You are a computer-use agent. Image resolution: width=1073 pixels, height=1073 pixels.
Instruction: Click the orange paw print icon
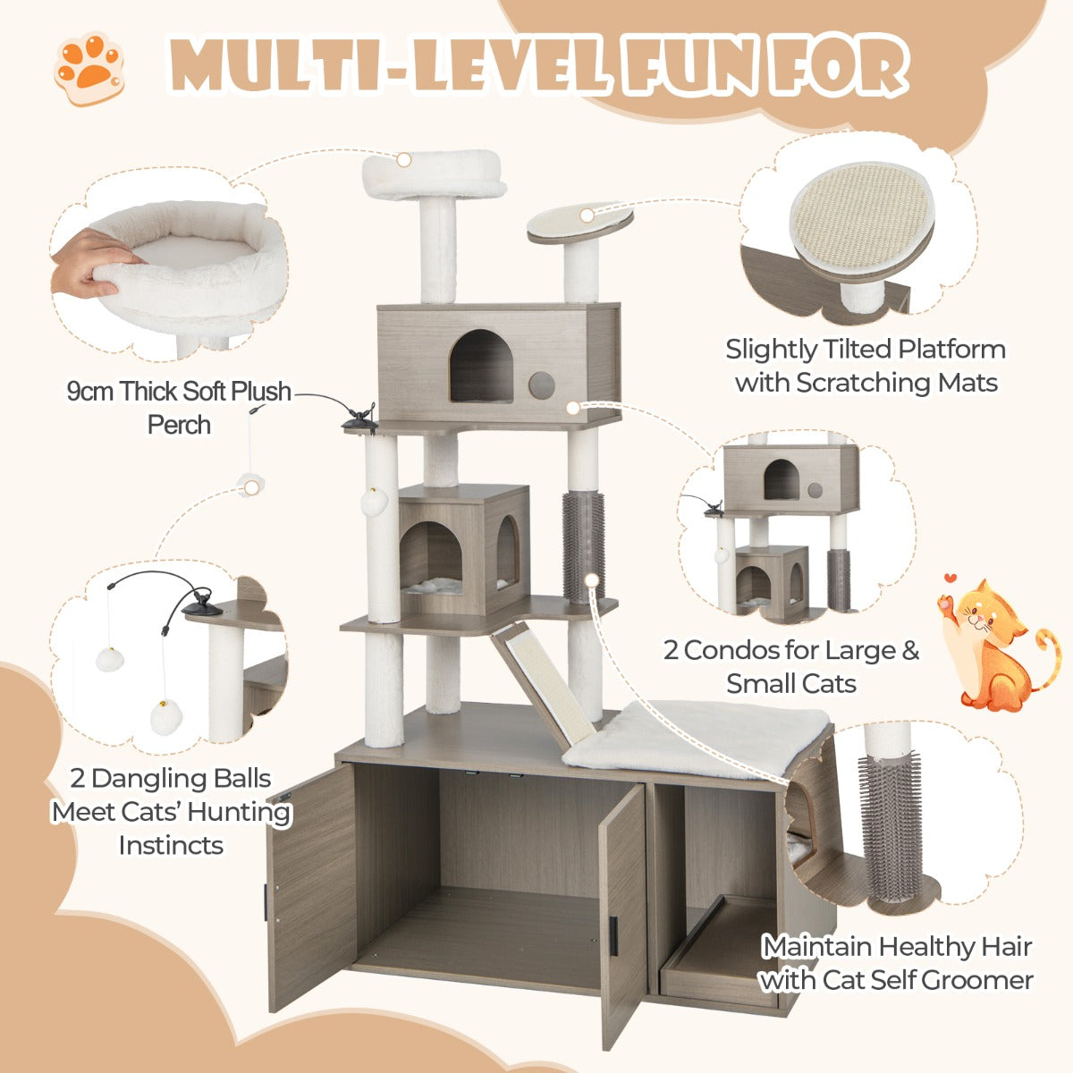[89, 69]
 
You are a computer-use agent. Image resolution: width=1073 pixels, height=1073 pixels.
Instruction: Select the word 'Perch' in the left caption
[179, 425]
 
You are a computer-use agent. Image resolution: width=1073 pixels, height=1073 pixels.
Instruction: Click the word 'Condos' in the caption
[747, 650]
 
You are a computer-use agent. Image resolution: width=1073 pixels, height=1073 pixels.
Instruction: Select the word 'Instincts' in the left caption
[171, 844]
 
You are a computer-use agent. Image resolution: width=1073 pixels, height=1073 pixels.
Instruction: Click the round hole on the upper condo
[540, 385]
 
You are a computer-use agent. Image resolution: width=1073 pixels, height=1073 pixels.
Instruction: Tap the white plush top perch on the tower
[435, 176]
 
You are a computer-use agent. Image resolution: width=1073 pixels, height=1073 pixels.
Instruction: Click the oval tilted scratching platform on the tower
[579, 222]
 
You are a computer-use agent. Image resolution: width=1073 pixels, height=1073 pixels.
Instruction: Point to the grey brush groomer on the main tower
[583, 545]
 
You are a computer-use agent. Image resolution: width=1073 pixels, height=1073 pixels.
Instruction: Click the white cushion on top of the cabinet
[697, 736]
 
